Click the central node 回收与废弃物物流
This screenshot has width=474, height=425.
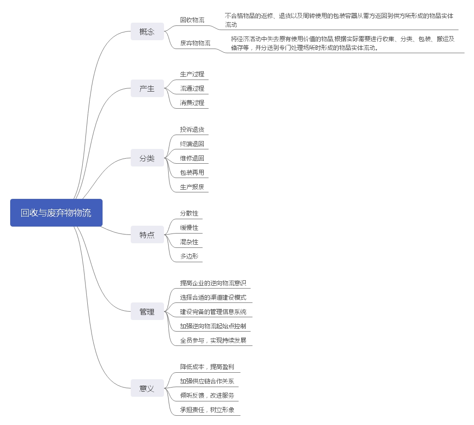click(56, 213)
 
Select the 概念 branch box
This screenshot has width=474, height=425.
click(147, 31)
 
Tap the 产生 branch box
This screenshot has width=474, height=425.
click(147, 88)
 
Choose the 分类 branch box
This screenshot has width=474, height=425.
click(147, 158)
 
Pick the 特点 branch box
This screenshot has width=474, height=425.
click(147, 234)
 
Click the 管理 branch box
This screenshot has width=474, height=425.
click(147, 312)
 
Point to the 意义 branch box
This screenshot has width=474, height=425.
click(147, 388)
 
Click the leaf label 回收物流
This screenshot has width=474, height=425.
click(192, 20)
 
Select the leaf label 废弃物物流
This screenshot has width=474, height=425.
click(195, 43)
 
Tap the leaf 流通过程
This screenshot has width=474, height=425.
click(192, 88)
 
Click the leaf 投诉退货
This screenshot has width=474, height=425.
click(192, 129)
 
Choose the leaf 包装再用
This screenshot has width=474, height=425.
click(192, 172)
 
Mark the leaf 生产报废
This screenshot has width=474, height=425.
click(192, 187)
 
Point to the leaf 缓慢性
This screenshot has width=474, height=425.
click(189, 228)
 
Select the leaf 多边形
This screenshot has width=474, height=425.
click(189, 256)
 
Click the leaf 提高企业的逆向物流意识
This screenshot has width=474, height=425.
click(213, 283)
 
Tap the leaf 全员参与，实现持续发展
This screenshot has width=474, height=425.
click(213, 340)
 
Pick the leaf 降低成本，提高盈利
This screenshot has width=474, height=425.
click(207, 367)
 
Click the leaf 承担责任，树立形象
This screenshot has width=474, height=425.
click(207, 410)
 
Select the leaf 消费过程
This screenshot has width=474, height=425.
click(192, 103)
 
